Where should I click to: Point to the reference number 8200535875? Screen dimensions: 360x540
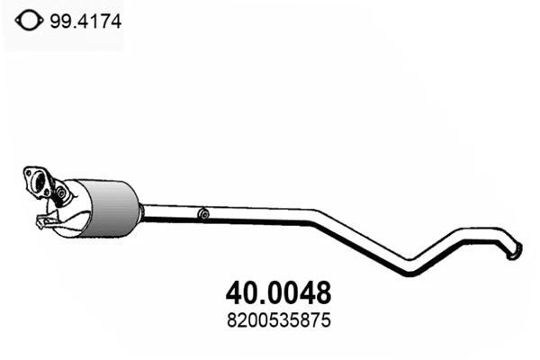coord(275,319)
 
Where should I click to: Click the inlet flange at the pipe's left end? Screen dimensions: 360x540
coord(37,179)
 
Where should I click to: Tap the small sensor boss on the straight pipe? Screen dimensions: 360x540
coord(203,214)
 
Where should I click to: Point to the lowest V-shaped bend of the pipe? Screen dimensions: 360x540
coord(410,270)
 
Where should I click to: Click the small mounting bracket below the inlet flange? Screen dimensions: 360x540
coord(41,221)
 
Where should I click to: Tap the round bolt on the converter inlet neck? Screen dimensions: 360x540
coord(62,193)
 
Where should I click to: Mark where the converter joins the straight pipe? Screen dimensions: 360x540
coord(141,209)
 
